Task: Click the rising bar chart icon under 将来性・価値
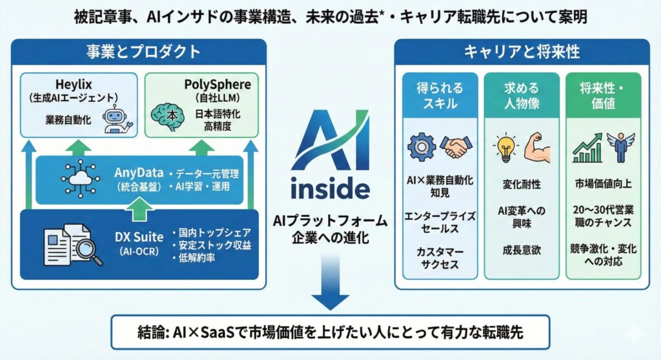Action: pyautogui.click(x=587, y=148)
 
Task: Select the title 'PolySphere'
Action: pyautogui.click(x=199, y=86)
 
